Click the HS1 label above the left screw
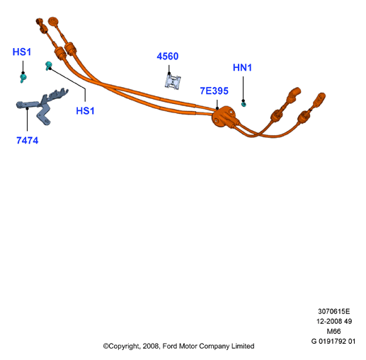click(x=22, y=52)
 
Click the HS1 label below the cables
click(x=85, y=111)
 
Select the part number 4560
click(x=168, y=57)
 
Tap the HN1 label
click(x=242, y=68)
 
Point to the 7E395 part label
click(x=215, y=91)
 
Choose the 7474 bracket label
click(x=28, y=141)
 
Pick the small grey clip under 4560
click(x=173, y=82)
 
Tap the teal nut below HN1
click(x=244, y=104)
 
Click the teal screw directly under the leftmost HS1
click(x=23, y=78)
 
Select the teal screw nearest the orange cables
click(x=48, y=66)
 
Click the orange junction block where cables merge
click(x=223, y=117)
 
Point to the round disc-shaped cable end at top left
click(x=53, y=21)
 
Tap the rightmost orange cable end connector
click(x=319, y=99)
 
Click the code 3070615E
click(x=333, y=311)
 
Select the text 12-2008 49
click(x=334, y=321)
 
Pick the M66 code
click(x=333, y=332)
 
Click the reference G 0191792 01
click(x=333, y=342)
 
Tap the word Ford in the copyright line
click(x=170, y=346)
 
